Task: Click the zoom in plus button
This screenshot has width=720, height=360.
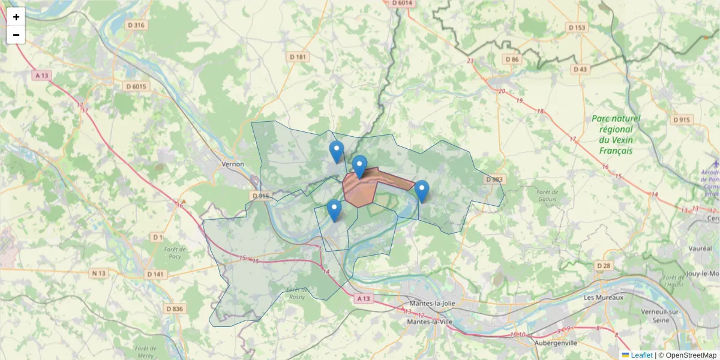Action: click(16, 17)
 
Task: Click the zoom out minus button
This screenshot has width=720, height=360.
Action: click(16, 35)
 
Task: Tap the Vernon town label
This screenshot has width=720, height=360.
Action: click(233, 164)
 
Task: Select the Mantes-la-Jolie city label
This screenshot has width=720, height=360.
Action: click(431, 303)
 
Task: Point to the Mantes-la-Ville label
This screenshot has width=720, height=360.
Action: click(431, 322)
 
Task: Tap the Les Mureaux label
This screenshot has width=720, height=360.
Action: click(604, 298)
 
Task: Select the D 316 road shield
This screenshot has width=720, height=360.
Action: click(136, 25)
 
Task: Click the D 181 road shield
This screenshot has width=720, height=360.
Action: click(298, 57)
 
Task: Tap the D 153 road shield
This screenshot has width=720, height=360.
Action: click(576, 28)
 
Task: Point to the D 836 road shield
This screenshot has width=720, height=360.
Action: click(173, 308)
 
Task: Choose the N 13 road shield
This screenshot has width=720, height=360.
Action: click(98, 274)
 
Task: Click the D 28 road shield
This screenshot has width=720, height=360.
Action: click(604, 265)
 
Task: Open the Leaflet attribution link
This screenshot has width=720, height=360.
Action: click(641, 355)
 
